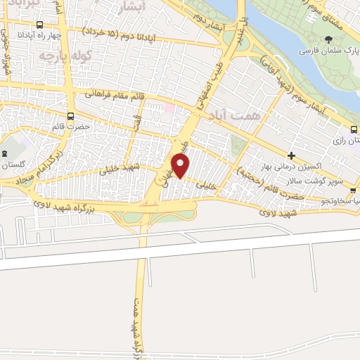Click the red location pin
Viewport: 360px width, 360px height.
[x=181, y=167]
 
